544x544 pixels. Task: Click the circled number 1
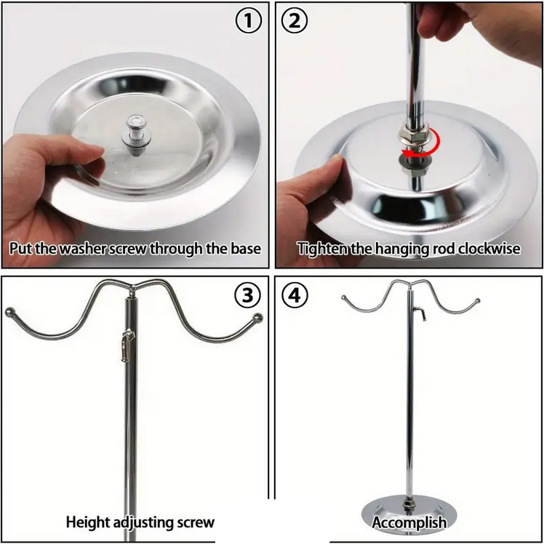(248, 21)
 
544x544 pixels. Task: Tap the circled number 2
(295, 21)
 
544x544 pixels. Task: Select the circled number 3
(247, 295)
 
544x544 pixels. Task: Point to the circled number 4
(295, 295)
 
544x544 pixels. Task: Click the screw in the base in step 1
(134, 135)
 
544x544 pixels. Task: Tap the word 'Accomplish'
(409, 522)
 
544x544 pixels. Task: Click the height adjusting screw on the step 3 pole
(127, 345)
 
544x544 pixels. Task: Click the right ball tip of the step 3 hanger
(257, 317)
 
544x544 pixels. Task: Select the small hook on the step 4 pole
(420, 313)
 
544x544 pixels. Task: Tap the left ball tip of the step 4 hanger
(344, 297)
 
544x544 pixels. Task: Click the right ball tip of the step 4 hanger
(478, 300)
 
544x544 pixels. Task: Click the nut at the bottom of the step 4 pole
(409, 503)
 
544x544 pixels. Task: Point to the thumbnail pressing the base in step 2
(334, 163)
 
